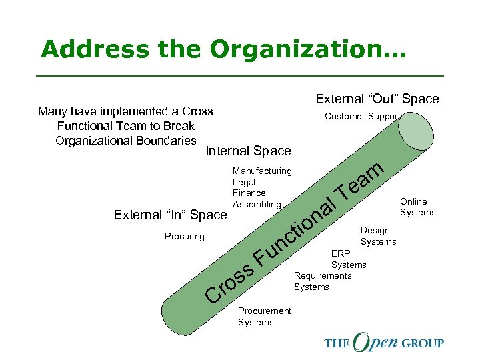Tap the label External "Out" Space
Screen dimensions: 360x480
[x=377, y=99]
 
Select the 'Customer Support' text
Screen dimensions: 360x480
[x=362, y=117]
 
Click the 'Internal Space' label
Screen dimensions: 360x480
[x=248, y=151]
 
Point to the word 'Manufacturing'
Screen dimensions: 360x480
[x=262, y=171]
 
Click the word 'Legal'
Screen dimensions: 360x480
[x=244, y=182]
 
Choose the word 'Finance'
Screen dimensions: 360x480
[x=249, y=193]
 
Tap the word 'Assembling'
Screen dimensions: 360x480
[x=257, y=204]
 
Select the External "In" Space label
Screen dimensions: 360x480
[x=171, y=215]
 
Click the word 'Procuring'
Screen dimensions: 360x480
[x=185, y=237]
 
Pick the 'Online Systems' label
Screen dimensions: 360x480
[x=417, y=207]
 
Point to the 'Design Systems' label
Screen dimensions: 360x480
[x=378, y=236]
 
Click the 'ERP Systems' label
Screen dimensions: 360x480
[x=348, y=259]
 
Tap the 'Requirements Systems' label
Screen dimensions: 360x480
[x=323, y=281]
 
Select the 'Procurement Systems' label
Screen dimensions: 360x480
[x=265, y=317]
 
